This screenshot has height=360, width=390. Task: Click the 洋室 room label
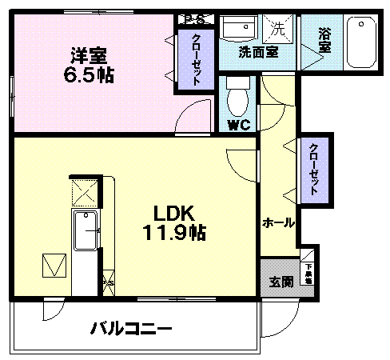point(89,57)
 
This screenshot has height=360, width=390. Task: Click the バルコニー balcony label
point(130,328)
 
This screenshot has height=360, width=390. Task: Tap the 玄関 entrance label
point(281,282)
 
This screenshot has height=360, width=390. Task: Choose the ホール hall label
point(279,222)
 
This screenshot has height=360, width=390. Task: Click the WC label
point(237,125)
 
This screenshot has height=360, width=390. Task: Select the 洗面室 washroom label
point(258,52)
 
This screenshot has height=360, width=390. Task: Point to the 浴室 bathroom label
point(324,41)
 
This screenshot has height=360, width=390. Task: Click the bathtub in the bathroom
point(364,42)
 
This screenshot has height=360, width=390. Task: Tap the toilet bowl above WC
point(237,99)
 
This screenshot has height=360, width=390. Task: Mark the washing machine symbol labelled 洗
point(278,29)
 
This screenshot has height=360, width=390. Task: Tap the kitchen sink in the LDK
point(86,232)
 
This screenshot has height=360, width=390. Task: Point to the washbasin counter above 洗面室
point(240,30)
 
